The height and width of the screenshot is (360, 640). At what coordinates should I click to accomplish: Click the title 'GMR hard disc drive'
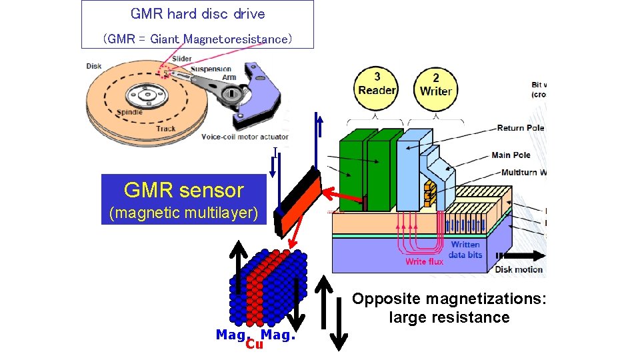click(197, 14)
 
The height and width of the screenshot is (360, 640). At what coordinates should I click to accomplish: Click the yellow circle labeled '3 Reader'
click(377, 85)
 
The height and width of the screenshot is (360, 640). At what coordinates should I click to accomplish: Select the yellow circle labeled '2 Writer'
click(436, 85)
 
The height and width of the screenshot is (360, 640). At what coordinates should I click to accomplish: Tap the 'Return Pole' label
click(520, 128)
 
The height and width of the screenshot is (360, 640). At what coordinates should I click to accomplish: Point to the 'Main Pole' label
click(511, 155)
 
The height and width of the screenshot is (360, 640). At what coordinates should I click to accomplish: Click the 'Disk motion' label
click(519, 270)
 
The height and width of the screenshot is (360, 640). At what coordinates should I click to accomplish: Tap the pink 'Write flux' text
click(424, 262)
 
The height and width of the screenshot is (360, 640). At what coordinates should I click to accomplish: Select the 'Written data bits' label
click(465, 250)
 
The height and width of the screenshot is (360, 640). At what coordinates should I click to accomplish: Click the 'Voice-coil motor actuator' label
click(245, 137)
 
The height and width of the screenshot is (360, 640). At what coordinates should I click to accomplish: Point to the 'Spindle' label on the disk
click(128, 113)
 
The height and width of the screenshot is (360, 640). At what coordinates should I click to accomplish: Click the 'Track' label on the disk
click(166, 129)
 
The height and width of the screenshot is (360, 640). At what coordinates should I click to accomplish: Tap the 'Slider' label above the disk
click(181, 59)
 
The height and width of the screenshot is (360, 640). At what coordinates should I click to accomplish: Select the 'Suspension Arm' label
click(212, 73)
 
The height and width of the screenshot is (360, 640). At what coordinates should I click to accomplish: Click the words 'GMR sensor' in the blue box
click(184, 191)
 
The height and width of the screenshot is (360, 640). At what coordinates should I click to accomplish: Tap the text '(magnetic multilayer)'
click(183, 213)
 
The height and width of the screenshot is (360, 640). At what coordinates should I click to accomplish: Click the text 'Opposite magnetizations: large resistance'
click(449, 308)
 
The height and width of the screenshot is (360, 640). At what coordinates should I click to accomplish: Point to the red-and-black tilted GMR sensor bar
click(299, 201)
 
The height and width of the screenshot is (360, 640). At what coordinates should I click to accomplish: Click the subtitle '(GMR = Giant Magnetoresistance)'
click(197, 39)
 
